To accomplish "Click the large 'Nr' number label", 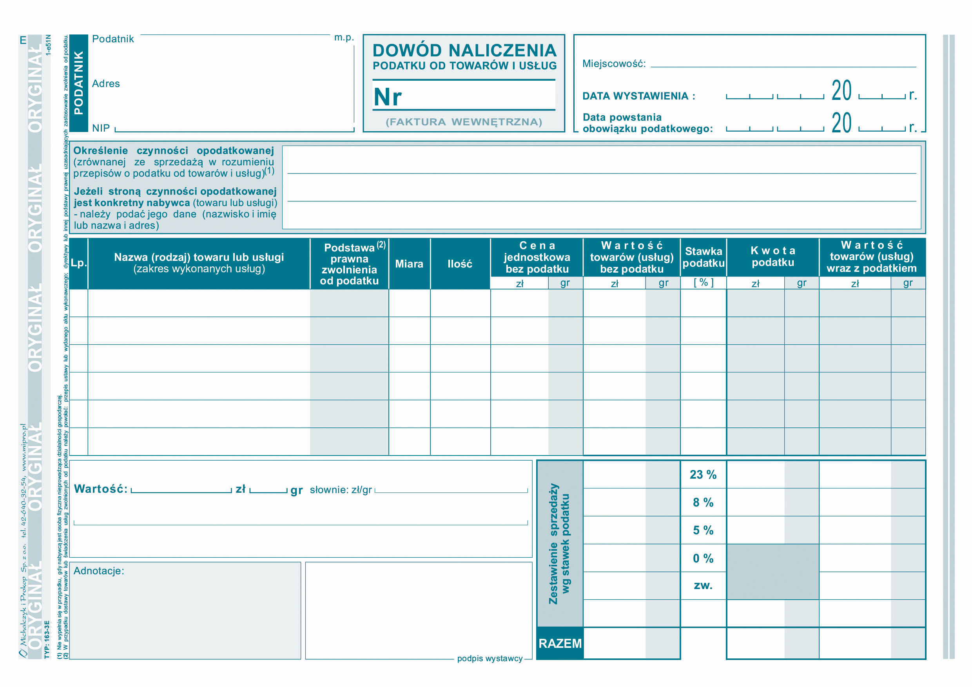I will [387, 97].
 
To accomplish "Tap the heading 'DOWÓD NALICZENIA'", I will [464, 51].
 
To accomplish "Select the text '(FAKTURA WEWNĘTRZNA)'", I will [464, 122].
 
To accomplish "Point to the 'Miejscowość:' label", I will [614, 64].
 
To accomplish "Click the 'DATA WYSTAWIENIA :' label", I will [639, 96].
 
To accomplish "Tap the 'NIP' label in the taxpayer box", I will [101, 128].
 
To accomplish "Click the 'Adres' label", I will [106, 84].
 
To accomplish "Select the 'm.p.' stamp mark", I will [344, 38].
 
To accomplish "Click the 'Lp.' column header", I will [78, 263].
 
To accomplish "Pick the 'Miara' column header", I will [409, 264].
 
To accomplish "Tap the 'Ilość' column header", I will [460, 264].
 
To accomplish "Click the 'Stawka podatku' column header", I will [703, 257].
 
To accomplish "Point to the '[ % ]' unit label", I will [703, 282].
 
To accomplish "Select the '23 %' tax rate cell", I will [703, 475].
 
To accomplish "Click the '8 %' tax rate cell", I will [703, 503].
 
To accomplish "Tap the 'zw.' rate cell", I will [703, 586].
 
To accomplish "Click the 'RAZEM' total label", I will [560, 644].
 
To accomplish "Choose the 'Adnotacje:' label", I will [99, 571].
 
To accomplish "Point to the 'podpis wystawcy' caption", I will [490, 659].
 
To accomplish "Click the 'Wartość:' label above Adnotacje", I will [101, 489].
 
